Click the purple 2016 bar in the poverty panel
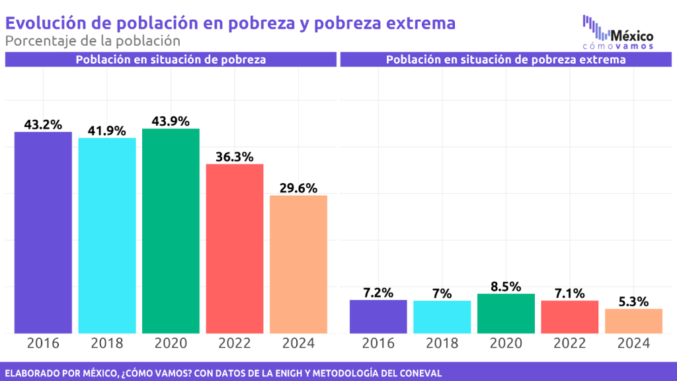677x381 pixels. pyautogui.click(x=43, y=232)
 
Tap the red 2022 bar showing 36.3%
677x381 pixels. pyautogui.click(x=235, y=248)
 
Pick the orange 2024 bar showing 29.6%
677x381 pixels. pyautogui.click(x=298, y=264)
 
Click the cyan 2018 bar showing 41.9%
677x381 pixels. pyautogui.click(x=107, y=235)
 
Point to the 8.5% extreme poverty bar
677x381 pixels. pyautogui.click(x=506, y=314)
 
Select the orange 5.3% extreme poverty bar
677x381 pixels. pyautogui.click(x=633, y=321)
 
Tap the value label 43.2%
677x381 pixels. pyautogui.click(x=43, y=124)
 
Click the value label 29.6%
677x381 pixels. pyautogui.click(x=298, y=187)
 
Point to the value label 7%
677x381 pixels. pyautogui.click(x=442, y=293)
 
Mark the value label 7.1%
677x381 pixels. pyautogui.click(x=569, y=292)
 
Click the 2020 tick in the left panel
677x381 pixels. pyautogui.click(x=171, y=343)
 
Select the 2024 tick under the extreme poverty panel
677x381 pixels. pyautogui.click(x=633, y=343)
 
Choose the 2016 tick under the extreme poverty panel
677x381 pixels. pyautogui.click(x=378, y=343)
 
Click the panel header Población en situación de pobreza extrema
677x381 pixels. pyautogui.click(x=506, y=60)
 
